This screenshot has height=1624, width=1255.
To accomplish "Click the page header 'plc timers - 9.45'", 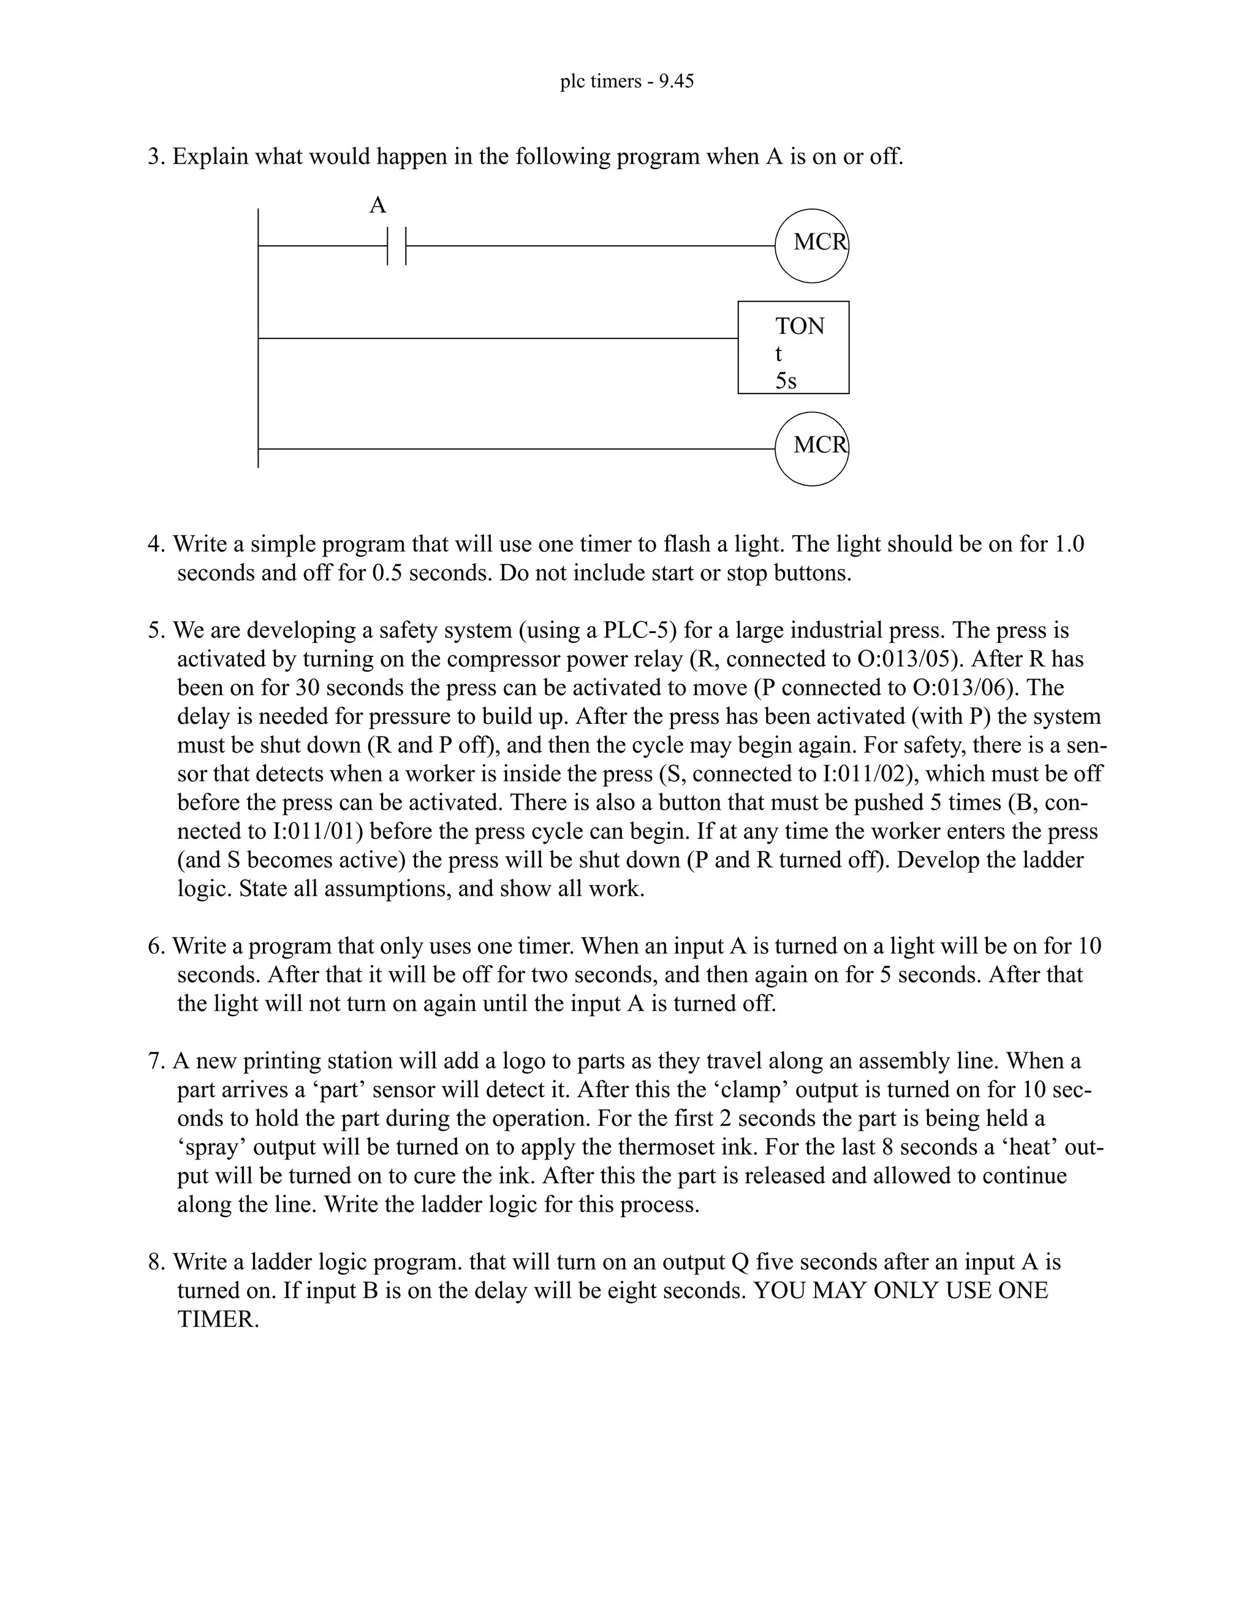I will pyautogui.click(x=627, y=81).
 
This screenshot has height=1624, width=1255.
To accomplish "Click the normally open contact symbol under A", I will pyautogui.click(x=397, y=246).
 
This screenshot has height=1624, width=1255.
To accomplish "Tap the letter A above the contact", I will pyautogui.click(x=377, y=205).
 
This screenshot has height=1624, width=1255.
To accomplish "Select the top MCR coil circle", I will pyautogui.click(x=812, y=245).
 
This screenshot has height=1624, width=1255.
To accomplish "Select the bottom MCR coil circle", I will pyautogui.click(x=812, y=449).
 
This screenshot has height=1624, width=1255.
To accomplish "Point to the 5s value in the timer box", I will pyautogui.click(x=786, y=381).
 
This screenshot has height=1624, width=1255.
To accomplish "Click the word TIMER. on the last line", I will pyautogui.click(x=218, y=1319).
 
